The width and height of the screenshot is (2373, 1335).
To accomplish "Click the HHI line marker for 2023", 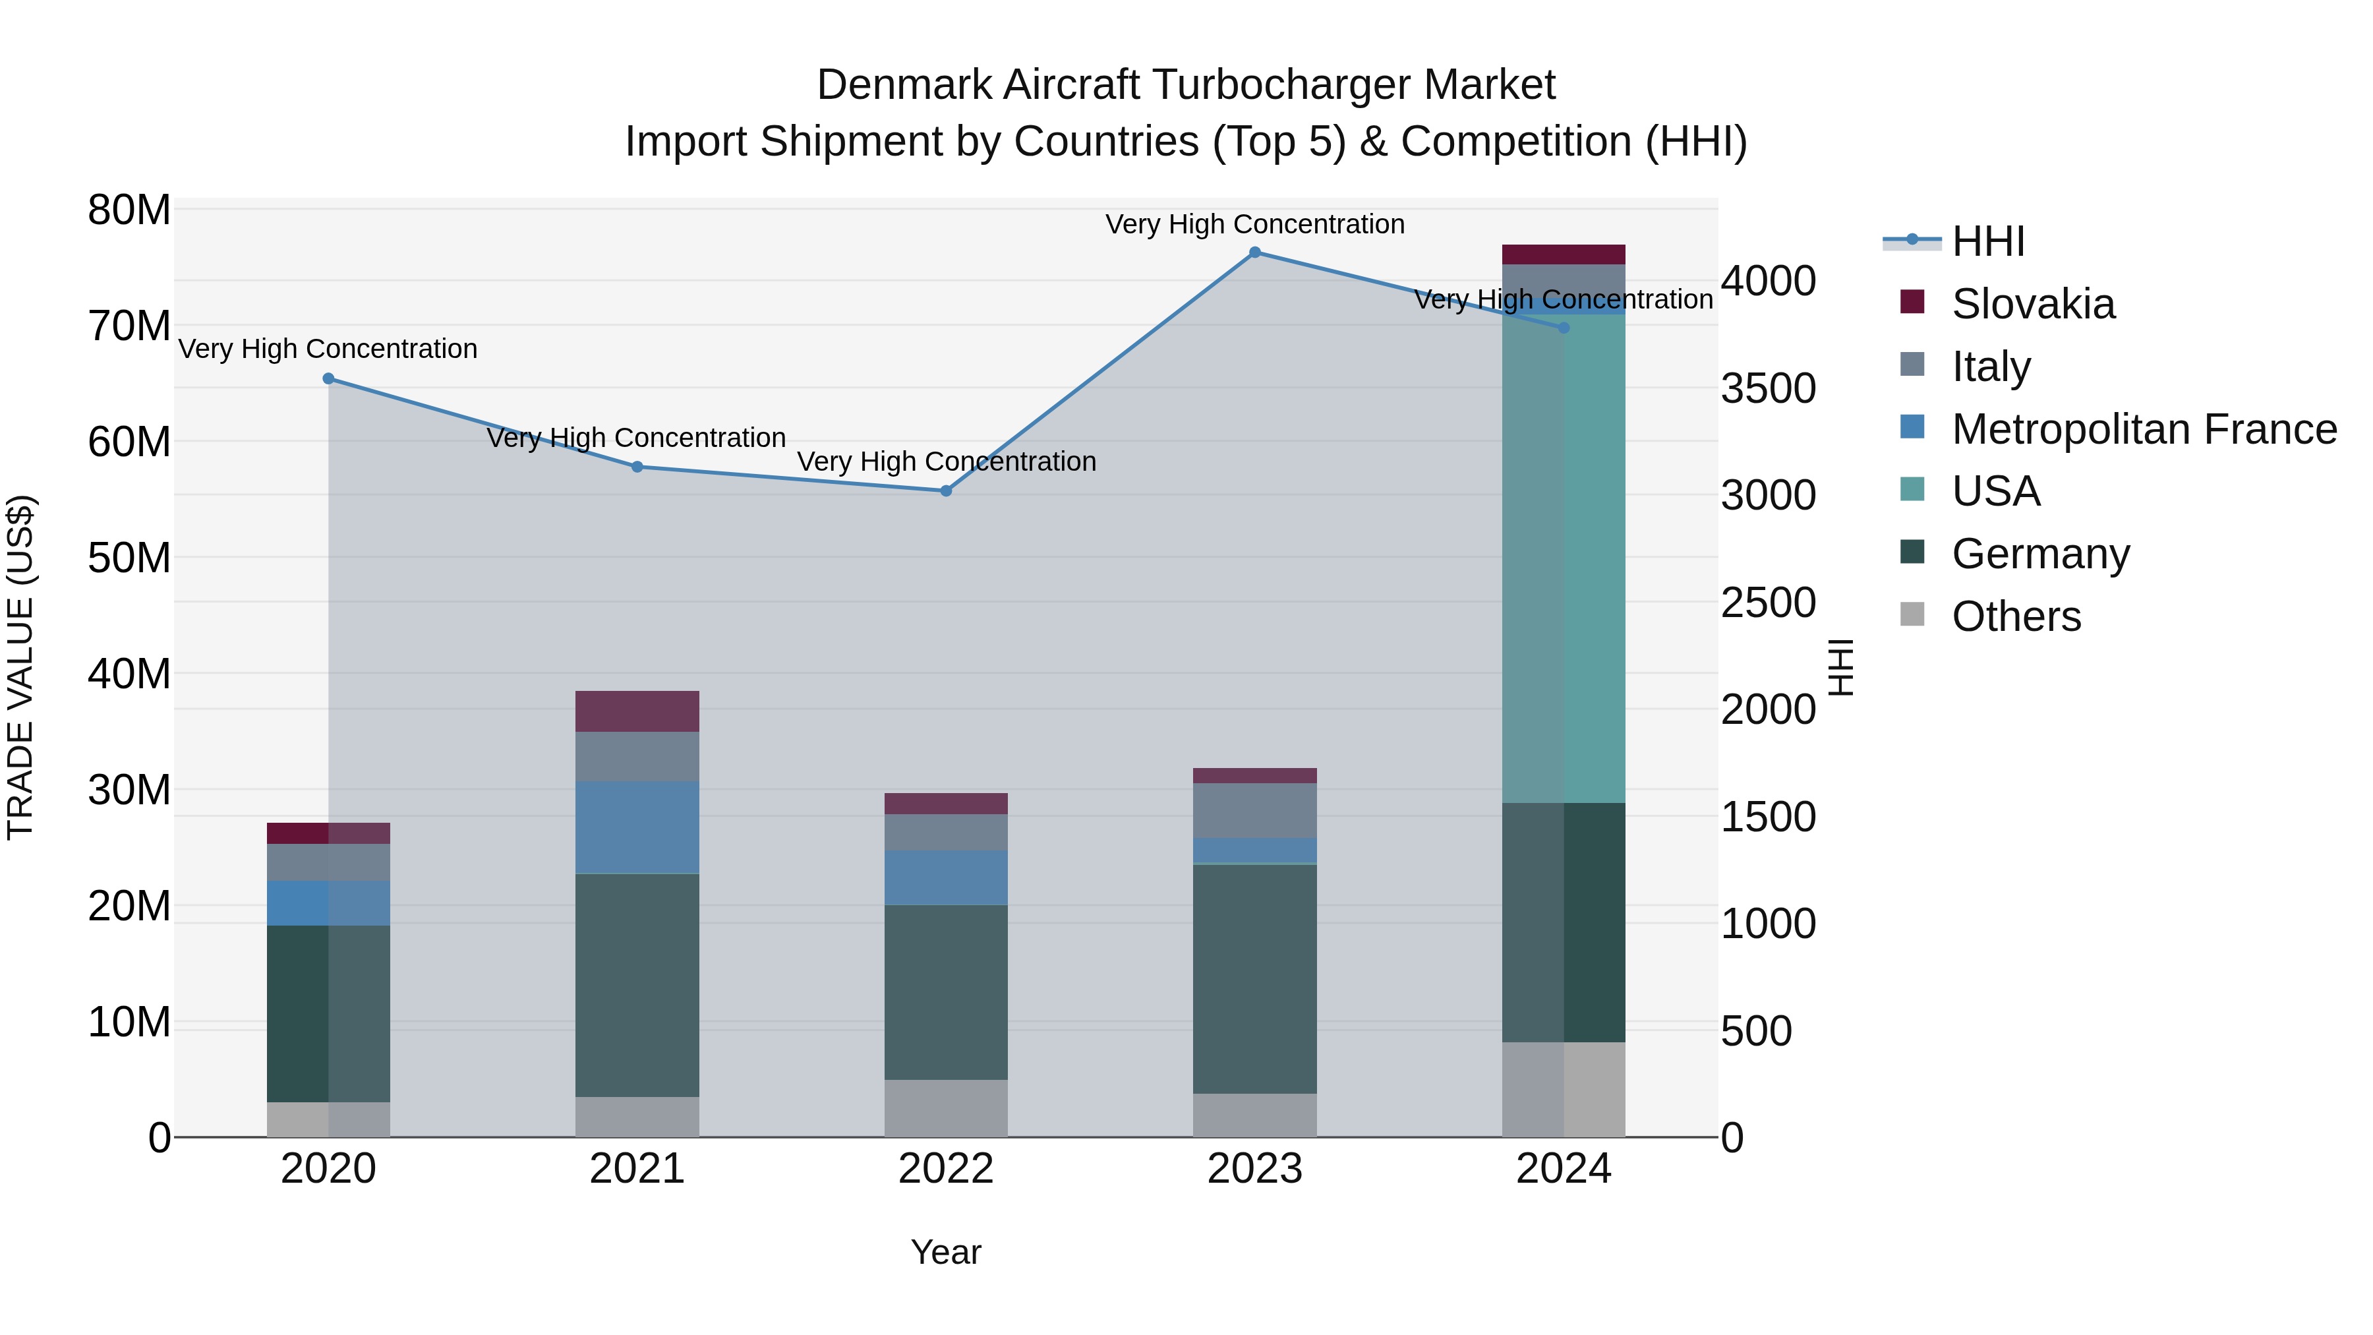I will (1254, 252).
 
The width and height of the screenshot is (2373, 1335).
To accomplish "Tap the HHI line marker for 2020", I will (329, 378).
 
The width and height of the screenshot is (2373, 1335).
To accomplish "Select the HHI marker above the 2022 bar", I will (946, 491).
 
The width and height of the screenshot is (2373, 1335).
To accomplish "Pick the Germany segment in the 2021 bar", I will (637, 985).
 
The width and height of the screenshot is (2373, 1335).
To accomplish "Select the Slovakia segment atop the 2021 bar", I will (637, 711).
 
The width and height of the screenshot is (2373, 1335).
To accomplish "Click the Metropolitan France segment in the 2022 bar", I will (946, 877).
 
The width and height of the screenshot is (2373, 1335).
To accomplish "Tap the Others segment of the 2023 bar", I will (1254, 1115).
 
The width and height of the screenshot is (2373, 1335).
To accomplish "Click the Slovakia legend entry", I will (2032, 304).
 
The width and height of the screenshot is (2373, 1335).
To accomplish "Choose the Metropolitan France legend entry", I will (2144, 429).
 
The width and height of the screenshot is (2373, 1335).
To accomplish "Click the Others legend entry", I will (2016, 616).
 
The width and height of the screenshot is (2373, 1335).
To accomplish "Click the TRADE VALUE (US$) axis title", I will (20, 667).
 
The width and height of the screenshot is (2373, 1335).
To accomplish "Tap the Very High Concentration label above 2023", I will (1254, 224).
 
